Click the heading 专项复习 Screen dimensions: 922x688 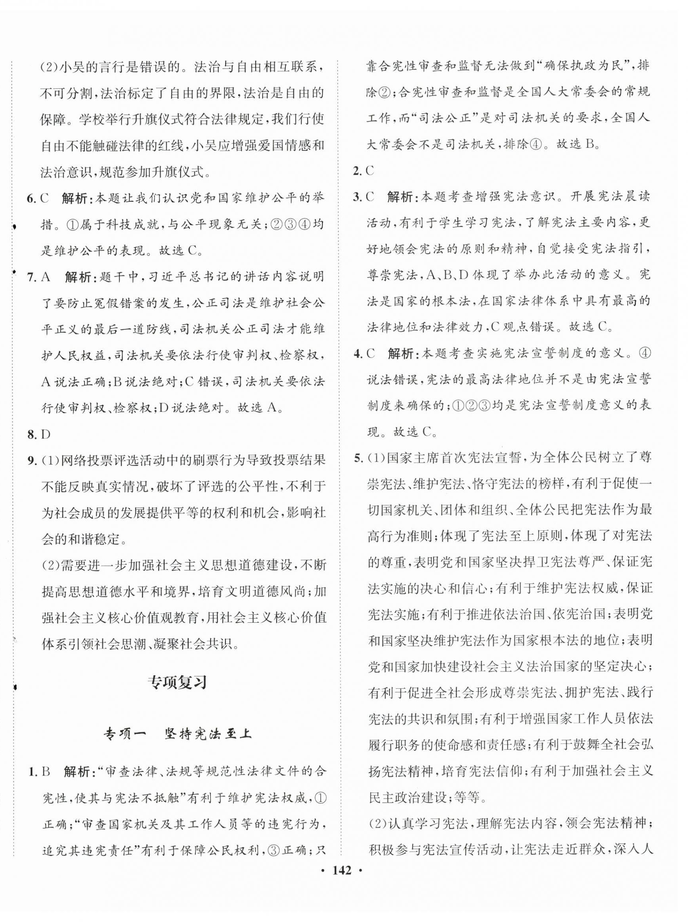178,683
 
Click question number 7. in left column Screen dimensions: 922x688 32,277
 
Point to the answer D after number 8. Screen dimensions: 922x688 46,434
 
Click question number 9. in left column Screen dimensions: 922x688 32,460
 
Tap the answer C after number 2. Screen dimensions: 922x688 369,171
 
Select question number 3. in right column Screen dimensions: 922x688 357,197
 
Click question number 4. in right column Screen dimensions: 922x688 357,353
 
